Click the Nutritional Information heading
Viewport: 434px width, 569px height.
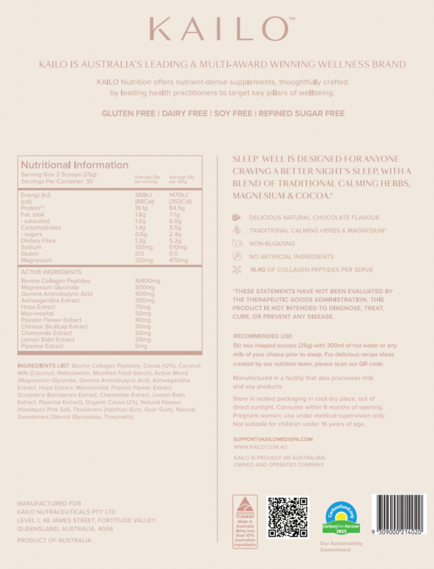tap(74, 165)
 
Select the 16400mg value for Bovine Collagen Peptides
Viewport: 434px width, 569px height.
tap(148, 281)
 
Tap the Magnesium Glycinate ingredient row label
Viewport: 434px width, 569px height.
tap(50, 288)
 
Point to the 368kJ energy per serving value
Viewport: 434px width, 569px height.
tap(143, 195)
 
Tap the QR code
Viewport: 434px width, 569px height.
tap(287, 517)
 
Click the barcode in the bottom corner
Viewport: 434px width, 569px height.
tap(399, 514)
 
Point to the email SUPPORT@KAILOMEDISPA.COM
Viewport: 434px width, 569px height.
tap(273, 439)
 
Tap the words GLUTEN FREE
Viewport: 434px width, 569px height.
tap(128, 113)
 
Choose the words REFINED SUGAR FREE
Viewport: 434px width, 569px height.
tap(302, 113)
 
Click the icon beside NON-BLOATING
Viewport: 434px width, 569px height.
tap(237, 244)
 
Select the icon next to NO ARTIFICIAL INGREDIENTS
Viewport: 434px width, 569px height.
tap(237, 257)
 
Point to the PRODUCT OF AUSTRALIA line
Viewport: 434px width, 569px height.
tap(54, 540)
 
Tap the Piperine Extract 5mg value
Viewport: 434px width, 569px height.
tap(141, 346)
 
